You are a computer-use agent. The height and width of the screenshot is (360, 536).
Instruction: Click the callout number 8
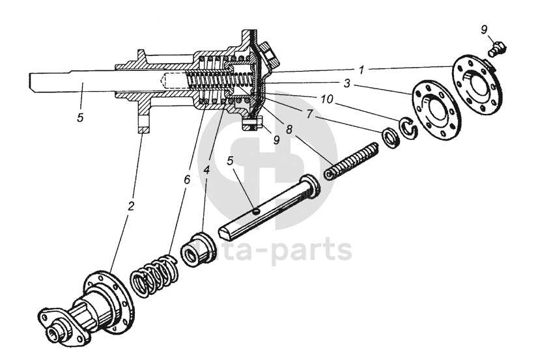pos(288,129)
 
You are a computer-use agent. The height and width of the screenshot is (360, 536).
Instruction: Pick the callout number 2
pos(130,206)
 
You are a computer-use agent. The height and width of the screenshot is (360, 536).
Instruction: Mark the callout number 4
pos(206,171)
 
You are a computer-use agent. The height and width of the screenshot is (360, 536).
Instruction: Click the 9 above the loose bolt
pos(483,29)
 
